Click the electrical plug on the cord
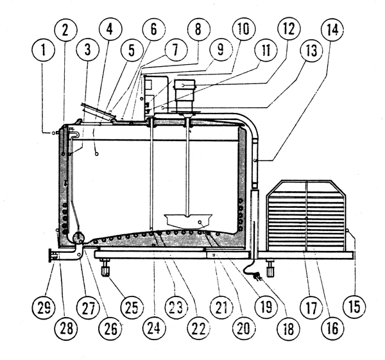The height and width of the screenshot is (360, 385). (259, 277)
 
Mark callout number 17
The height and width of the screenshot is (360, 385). (311, 307)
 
